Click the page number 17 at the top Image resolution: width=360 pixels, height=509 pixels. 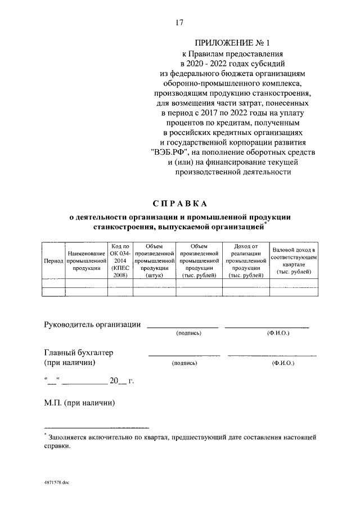pyautogui.click(x=180, y=23)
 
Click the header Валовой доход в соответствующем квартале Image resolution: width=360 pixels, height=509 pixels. pyautogui.click(x=294, y=260)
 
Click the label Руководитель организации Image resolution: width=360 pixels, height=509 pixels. pyautogui.click(x=92, y=325)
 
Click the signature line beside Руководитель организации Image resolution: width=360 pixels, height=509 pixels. pyautogui.click(x=182, y=326)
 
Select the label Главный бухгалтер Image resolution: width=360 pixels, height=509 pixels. pyautogui.click(x=79, y=353)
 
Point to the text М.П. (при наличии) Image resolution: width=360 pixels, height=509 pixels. pyautogui.click(x=80, y=403)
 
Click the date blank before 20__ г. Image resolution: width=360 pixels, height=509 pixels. pyautogui.click(x=84, y=382)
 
